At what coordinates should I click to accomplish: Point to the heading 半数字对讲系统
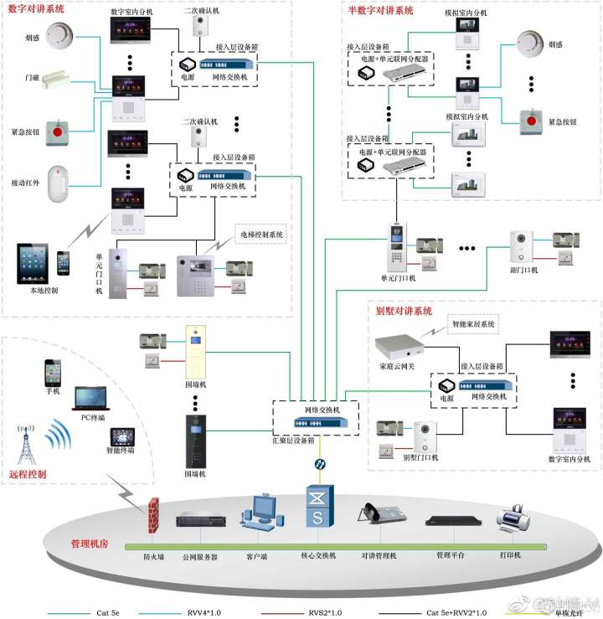[380, 11]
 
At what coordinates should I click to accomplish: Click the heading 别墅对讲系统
[405, 311]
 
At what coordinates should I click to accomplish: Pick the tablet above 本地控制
[34, 263]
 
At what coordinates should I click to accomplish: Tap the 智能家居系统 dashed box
[475, 324]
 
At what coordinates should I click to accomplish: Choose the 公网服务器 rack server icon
[201, 520]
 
